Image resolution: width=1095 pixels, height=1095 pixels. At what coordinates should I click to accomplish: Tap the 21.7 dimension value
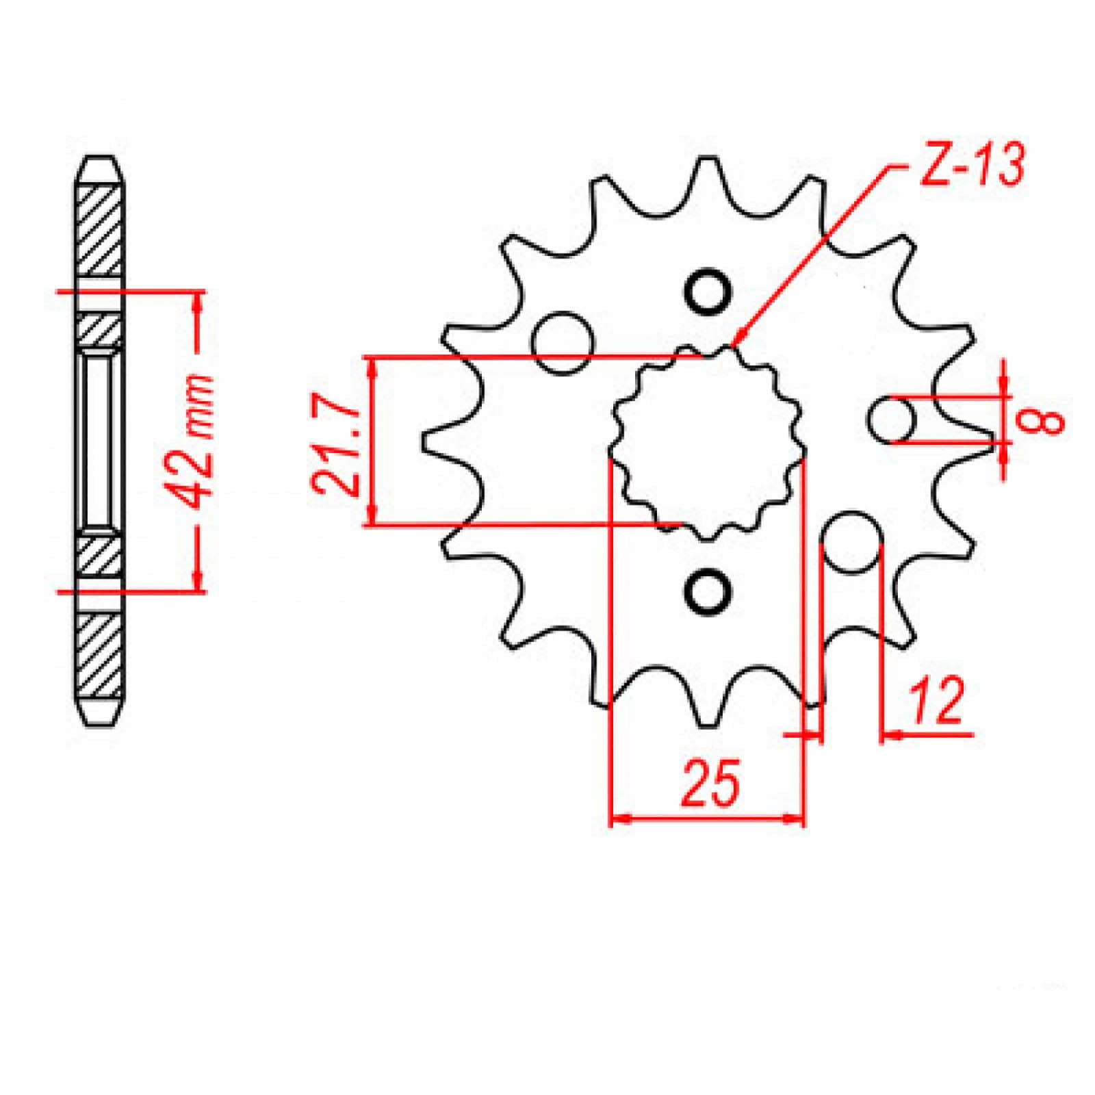(335, 448)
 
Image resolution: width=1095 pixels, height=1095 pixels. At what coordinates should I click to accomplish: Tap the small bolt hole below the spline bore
(707, 589)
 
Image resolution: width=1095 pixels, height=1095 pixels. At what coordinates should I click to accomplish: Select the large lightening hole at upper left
(563, 342)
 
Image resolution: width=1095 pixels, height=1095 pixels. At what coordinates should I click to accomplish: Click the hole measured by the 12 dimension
(851, 541)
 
